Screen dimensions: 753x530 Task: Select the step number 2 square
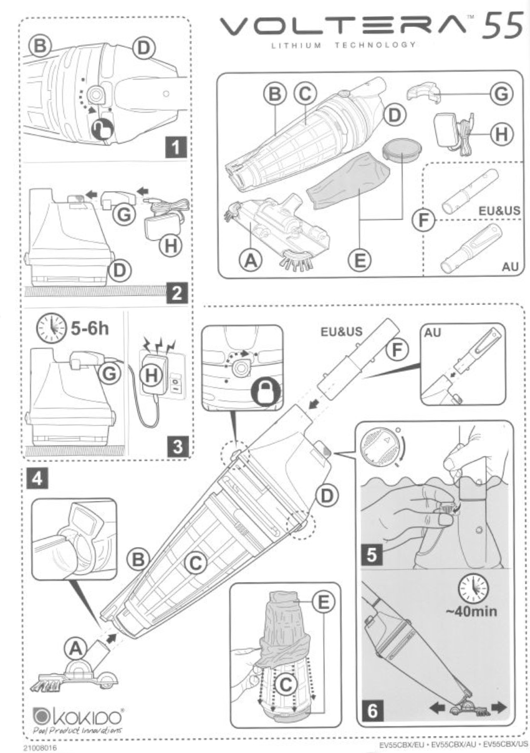point(176,294)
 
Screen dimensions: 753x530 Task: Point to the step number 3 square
point(176,446)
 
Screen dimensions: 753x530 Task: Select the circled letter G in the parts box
point(498,93)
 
